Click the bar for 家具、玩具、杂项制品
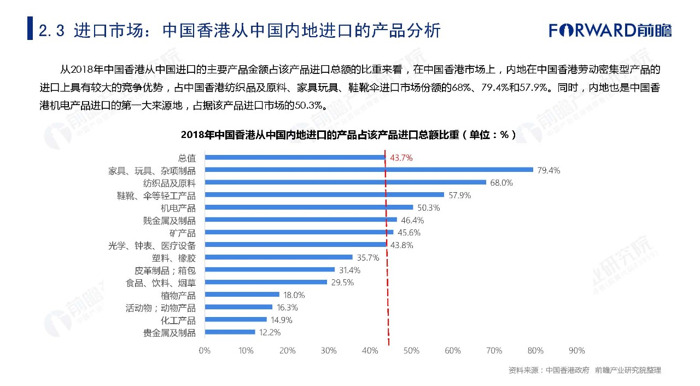coord(369,170)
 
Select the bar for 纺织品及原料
coord(345,182)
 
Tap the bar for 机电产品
coord(308,208)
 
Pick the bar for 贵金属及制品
coord(230,332)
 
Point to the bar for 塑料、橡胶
coord(278,257)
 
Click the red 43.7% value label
coord(401,158)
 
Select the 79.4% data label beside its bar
coord(549,170)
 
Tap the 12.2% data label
coord(270,332)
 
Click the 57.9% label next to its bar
coord(459,195)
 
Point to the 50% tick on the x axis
coord(411,350)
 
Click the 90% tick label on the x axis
coord(577,350)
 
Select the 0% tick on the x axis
coord(205,350)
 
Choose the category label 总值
coord(186,158)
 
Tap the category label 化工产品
coord(177,320)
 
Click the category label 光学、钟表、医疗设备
coord(152,245)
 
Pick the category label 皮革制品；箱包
coord(165,270)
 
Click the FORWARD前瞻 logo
coord(610,30)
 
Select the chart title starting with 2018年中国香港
coord(348,135)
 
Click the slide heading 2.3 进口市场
coord(240,30)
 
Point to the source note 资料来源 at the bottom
coord(584,371)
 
